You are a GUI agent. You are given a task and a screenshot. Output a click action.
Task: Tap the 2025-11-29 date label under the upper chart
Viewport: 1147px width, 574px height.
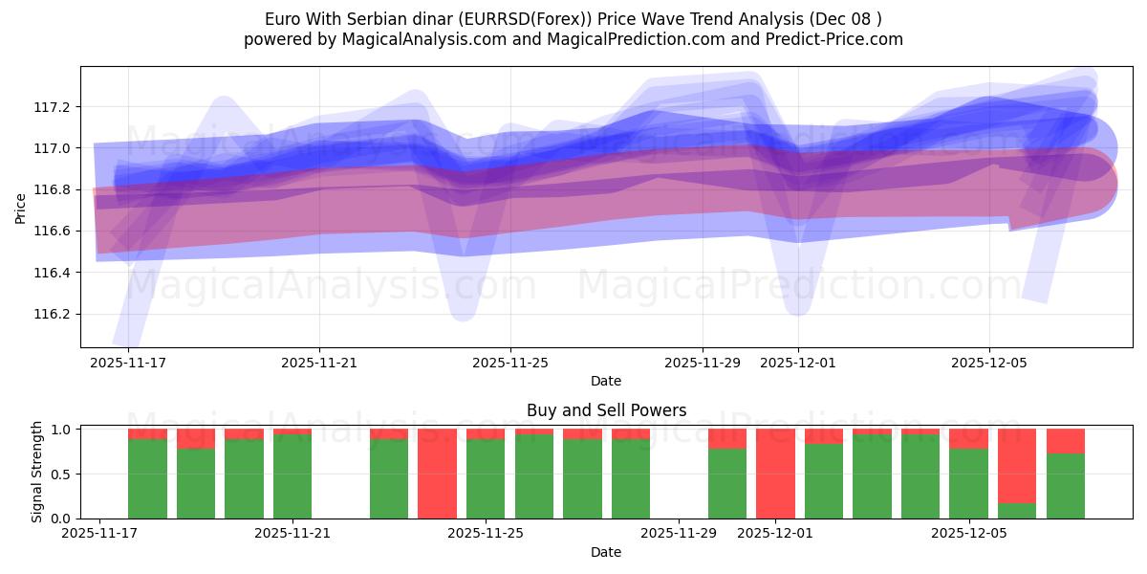tap(702, 363)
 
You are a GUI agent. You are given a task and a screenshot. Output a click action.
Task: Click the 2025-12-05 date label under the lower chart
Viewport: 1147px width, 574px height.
tap(969, 534)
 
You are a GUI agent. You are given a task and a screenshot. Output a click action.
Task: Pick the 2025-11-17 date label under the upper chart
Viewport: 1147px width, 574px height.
tap(128, 363)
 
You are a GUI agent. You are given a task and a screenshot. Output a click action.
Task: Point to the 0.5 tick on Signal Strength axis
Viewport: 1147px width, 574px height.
tap(60, 474)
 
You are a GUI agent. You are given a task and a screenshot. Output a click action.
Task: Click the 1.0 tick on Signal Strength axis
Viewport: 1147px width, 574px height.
tap(60, 430)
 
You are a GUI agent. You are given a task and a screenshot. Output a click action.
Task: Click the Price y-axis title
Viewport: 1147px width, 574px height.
tap(21, 208)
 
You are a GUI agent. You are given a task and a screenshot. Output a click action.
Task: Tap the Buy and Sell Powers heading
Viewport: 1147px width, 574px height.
tap(606, 410)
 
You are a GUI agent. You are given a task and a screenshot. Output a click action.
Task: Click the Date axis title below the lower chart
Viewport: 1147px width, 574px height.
tap(606, 552)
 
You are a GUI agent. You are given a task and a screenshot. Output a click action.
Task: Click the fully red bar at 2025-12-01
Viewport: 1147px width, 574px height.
tap(775, 474)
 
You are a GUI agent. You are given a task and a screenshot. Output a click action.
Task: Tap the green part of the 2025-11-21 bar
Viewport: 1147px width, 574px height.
tap(292, 478)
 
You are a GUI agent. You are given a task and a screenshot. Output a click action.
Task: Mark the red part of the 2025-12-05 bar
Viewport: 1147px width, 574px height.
tap(968, 438)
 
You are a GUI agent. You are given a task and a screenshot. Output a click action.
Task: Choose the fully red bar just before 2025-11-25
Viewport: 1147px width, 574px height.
tap(437, 474)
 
